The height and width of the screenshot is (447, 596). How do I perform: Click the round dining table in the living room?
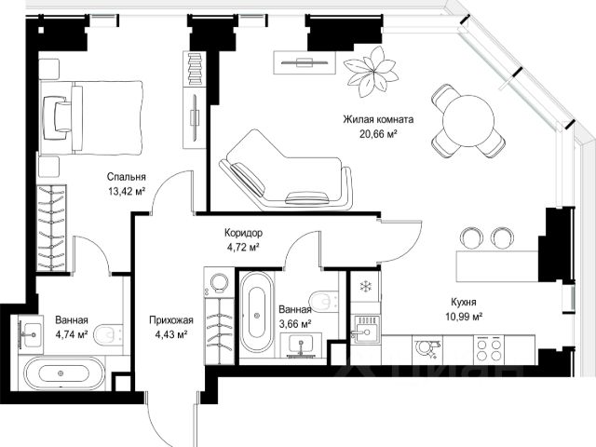click(x=468, y=120)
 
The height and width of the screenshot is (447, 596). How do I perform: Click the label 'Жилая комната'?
click(x=378, y=119)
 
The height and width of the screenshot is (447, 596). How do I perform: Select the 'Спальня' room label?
click(x=127, y=177)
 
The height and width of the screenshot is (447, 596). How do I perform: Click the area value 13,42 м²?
click(x=127, y=191)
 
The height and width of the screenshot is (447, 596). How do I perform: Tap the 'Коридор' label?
click(x=243, y=233)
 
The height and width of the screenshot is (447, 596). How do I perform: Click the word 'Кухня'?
click(x=464, y=302)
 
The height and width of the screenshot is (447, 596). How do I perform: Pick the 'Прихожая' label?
click(x=171, y=320)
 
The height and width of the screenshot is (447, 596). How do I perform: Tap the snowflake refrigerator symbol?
click(x=365, y=286)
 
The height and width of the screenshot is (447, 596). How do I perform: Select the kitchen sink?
click(x=365, y=330)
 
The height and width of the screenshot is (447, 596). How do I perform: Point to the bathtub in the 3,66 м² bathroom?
click(x=257, y=313)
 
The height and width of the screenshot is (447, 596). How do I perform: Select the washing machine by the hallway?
click(x=219, y=283)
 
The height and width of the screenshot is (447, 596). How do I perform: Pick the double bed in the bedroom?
click(x=91, y=117)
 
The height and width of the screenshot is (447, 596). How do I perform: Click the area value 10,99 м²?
click(x=464, y=317)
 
